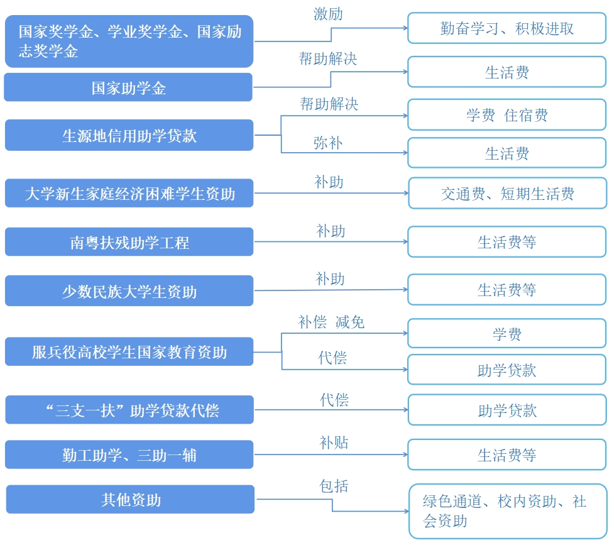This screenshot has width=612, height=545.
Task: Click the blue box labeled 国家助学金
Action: click(x=128, y=87)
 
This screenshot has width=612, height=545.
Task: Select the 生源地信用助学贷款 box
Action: click(x=129, y=135)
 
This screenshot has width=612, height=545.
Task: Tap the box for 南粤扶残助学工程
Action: click(x=129, y=242)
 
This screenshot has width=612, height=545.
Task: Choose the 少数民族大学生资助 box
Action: click(x=129, y=291)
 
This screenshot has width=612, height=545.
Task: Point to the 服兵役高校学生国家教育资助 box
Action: click(x=129, y=352)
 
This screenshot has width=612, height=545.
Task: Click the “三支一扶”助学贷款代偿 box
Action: click(x=129, y=410)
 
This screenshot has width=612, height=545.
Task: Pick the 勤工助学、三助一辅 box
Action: click(x=129, y=454)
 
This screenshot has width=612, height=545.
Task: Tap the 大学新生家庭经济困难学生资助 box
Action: click(x=129, y=193)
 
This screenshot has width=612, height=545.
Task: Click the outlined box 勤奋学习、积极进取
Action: click(x=506, y=28)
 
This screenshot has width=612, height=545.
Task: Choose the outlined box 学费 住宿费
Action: click(x=506, y=115)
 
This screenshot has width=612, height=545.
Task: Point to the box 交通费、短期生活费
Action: click(x=507, y=194)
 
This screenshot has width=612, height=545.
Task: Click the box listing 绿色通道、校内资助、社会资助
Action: click(x=507, y=510)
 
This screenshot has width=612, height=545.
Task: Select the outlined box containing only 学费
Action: click(x=506, y=334)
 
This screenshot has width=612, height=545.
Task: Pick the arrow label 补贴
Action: click(x=334, y=443)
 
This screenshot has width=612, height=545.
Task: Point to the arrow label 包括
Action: click(x=334, y=486)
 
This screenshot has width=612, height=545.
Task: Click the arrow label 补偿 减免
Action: click(x=331, y=322)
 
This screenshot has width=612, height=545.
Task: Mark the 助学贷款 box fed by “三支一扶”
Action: click(x=506, y=411)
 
